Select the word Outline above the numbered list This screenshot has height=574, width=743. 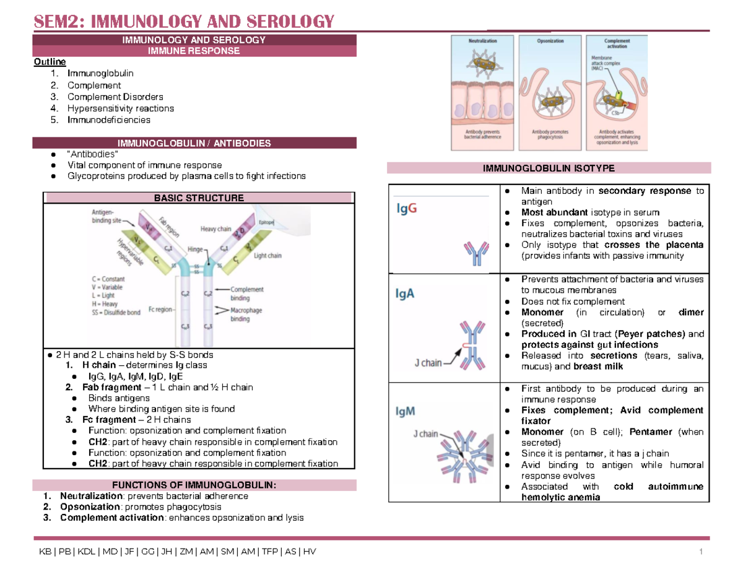point(46,63)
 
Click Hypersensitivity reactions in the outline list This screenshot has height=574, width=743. point(121,108)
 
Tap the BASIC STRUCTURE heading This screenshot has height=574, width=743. point(199,198)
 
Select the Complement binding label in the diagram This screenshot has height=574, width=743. point(247,293)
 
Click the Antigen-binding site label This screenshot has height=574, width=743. point(102,215)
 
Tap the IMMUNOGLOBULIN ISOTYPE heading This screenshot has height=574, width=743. point(549,168)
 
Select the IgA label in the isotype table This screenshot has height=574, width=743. point(406,295)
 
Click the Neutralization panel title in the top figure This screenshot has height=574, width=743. point(483,41)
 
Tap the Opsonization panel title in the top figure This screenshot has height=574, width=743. point(550,41)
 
